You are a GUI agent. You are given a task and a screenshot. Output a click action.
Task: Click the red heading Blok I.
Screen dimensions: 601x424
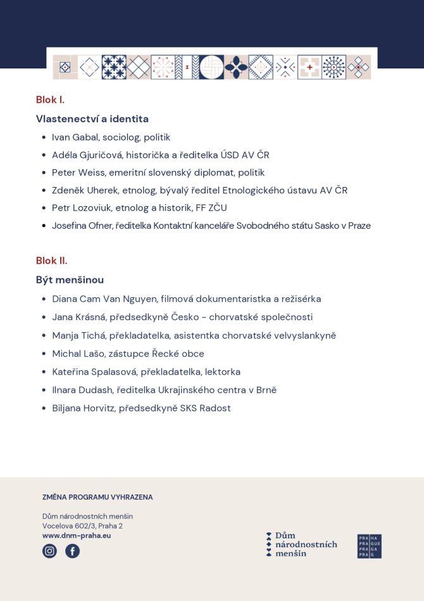50,100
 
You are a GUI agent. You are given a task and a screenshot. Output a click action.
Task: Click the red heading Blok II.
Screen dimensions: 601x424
51,261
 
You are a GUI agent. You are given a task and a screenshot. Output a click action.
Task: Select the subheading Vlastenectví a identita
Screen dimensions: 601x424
92,119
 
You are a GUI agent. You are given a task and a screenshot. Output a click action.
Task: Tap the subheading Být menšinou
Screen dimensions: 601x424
70,280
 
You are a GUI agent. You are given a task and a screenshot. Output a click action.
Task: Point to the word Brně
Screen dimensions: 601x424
266,390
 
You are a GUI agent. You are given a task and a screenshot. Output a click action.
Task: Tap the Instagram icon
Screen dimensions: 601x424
49,551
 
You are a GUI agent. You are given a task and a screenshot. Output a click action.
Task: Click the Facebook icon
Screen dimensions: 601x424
73,551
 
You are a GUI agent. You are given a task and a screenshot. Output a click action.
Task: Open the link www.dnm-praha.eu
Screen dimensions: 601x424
77,536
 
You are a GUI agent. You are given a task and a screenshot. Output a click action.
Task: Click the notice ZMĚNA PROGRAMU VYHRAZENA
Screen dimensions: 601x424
97,497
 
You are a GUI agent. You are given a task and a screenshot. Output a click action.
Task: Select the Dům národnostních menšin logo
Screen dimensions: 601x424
301,545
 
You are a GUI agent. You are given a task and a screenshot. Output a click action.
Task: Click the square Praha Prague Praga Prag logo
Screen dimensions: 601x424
370,546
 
